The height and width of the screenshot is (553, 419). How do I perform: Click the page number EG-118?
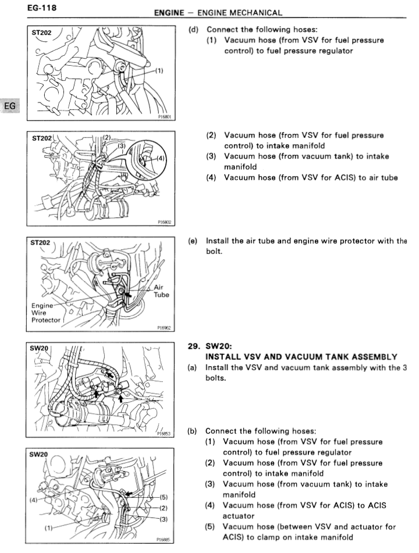42,8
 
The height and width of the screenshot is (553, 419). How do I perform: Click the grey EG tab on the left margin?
10,105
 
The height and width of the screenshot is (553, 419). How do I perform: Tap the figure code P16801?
164,117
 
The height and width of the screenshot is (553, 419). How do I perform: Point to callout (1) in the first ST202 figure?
159,71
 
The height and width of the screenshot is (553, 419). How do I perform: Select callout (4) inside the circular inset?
160,158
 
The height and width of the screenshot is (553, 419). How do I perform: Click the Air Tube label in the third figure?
161,291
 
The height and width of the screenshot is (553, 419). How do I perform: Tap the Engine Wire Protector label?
46,313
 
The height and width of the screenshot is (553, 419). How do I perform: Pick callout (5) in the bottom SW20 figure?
164,497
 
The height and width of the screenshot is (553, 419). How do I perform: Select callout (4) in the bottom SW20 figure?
34,500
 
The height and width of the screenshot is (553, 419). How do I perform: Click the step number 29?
194,346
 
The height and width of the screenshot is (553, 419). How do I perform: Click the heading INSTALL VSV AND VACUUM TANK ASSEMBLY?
301,357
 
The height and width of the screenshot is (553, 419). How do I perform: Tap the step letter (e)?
193,241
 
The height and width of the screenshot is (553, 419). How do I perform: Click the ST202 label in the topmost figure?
41,33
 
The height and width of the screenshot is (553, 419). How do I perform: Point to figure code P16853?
164,434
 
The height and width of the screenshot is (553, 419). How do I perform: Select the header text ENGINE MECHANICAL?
240,13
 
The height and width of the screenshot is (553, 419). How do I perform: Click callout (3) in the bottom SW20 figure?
164,519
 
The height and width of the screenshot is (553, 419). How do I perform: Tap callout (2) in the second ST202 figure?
106,137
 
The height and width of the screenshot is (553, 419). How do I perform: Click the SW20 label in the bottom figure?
38,454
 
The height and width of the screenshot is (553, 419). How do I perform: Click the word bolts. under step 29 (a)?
215,378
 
